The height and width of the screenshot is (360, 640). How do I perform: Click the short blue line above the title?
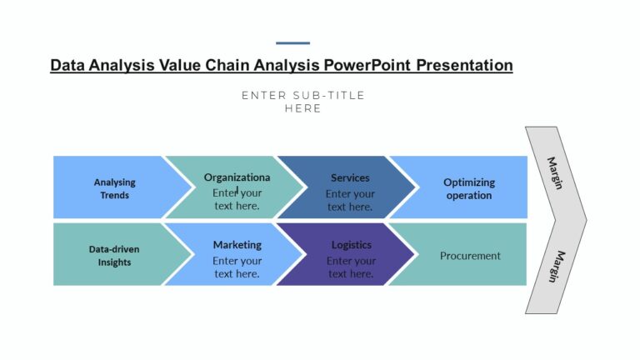pyautogui.click(x=292, y=43)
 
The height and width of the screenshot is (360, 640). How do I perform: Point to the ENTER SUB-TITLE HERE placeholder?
pyautogui.click(x=303, y=102)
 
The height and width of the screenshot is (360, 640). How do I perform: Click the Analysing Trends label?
pyautogui.click(x=114, y=188)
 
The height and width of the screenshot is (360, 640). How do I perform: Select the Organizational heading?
pyautogui.click(x=237, y=177)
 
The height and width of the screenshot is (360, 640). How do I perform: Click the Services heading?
pyautogui.click(x=350, y=177)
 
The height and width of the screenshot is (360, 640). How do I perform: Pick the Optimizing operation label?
pyautogui.click(x=469, y=188)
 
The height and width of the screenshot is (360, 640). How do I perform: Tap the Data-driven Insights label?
pyautogui.click(x=110, y=255)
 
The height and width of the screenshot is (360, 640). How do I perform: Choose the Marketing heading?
pyautogui.click(x=237, y=245)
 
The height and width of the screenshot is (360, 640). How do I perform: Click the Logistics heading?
pyautogui.click(x=351, y=245)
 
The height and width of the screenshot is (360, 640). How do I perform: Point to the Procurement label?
pyautogui.click(x=470, y=256)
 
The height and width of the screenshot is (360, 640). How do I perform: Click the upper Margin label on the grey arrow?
pyautogui.click(x=555, y=172)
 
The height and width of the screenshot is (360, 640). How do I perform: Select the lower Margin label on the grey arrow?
pyautogui.click(x=555, y=267)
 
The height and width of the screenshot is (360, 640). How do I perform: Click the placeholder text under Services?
pyautogui.click(x=350, y=200)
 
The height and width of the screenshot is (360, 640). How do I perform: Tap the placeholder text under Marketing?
pyautogui.click(x=237, y=267)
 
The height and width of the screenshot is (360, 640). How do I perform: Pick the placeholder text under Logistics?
pyautogui.click(x=350, y=267)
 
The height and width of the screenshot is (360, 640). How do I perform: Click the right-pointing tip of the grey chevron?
pyautogui.click(x=585, y=220)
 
